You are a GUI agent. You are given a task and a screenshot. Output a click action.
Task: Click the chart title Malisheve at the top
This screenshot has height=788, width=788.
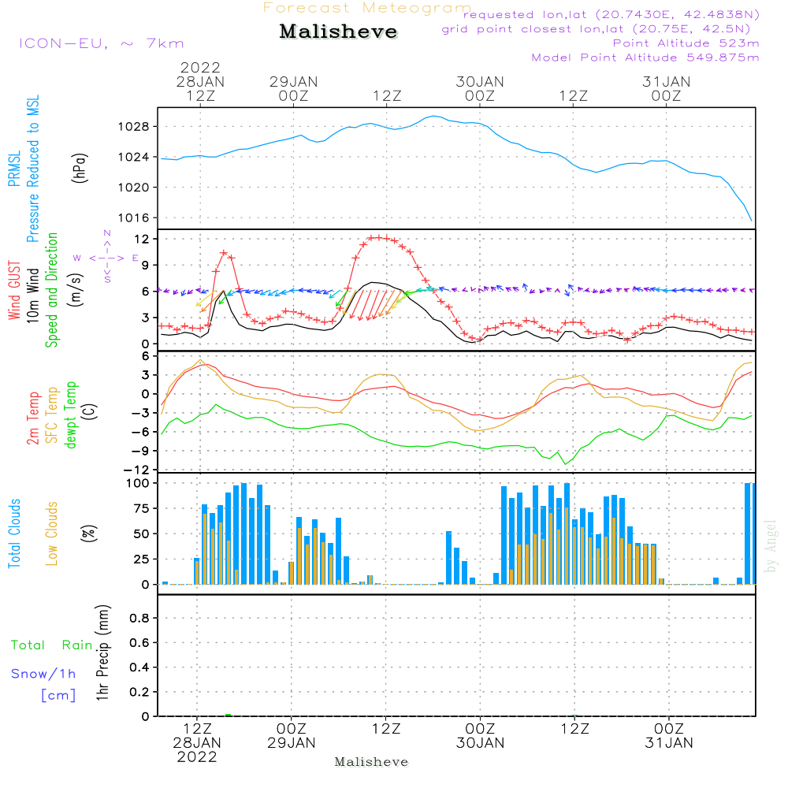coord(338,32)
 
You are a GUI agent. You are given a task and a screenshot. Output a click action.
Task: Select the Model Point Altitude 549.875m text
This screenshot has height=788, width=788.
coord(645,58)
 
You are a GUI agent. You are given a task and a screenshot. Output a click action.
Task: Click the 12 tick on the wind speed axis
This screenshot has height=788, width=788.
coord(144,239)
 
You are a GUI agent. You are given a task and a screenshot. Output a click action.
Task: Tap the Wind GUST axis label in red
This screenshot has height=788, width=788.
coord(14,292)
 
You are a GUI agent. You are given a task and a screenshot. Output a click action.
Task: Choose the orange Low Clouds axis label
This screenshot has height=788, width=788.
coord(52,533)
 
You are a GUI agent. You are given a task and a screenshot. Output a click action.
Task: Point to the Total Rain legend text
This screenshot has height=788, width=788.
coord(52,645)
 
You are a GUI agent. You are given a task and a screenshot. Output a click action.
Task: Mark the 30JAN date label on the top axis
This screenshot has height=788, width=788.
coord(479,82)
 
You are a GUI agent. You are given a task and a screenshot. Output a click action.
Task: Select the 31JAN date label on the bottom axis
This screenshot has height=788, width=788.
coord(669,743)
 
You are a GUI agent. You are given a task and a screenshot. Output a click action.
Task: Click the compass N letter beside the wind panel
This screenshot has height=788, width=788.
coord(106,234)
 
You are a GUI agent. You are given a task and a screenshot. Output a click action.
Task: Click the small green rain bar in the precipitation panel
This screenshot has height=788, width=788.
coord(228,715)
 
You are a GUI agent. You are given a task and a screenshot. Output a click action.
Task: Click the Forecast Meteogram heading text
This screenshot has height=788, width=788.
coord(367,9)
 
